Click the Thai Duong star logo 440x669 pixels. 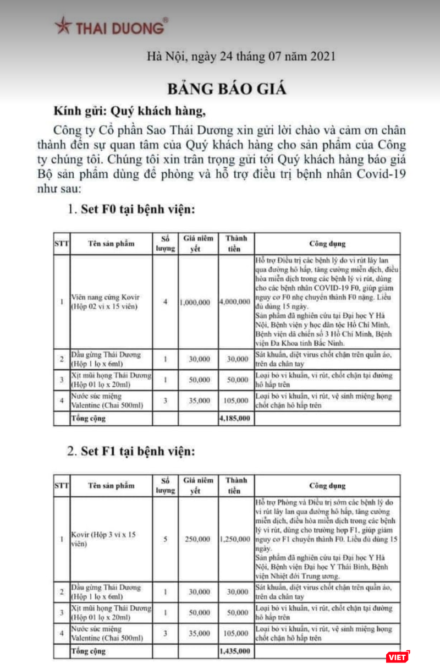tap(62, 25)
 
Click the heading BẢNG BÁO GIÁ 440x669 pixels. tap(227, 89)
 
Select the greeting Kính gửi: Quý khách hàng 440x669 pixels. tap(129, 112)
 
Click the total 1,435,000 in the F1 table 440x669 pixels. tap(235, 651)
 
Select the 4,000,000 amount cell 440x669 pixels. tap(235, 302)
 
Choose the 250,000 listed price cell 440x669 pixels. tap(197, 539)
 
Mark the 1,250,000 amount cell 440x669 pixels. tap(235, 539)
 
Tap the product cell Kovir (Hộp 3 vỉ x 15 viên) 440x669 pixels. tap(105, 539)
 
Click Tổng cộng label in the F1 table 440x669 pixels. tap(88, 651)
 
